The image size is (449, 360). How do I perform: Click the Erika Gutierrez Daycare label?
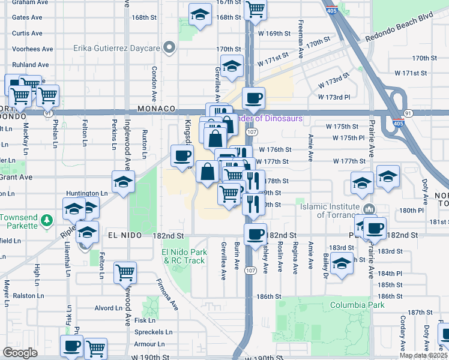tap(116, 48)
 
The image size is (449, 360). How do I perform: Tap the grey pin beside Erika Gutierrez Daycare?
tap(170, 47)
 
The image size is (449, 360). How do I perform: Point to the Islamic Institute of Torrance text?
tap(329, 211)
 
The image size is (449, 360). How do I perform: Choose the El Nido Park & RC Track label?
tap(184, 257)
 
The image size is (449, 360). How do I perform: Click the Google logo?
tap(20, 353)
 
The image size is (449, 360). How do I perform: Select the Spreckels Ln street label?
tap(153, 332)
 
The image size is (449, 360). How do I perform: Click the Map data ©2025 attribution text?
tap(423, 355)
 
